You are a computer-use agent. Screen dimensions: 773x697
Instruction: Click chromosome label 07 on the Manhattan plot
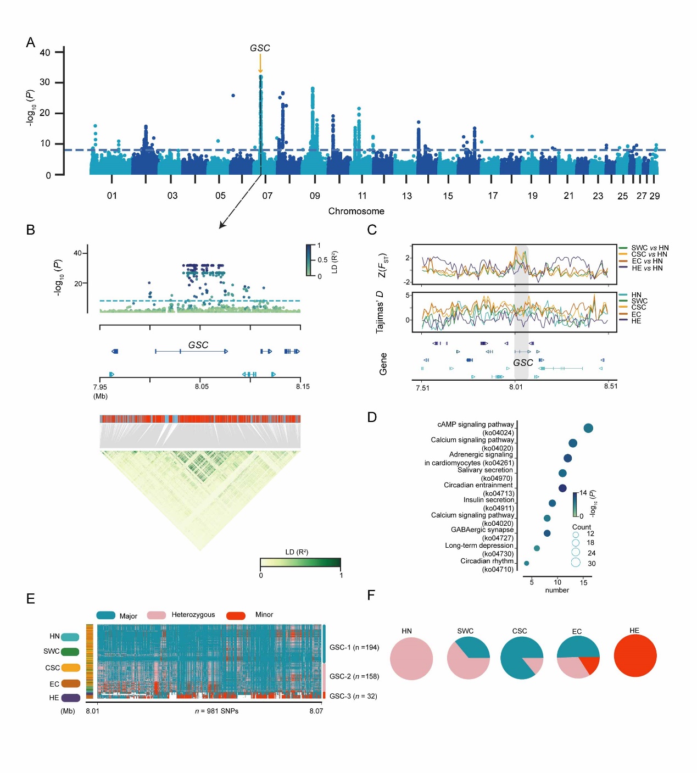coord(267,196)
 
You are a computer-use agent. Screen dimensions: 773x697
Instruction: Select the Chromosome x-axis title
coord(356,211)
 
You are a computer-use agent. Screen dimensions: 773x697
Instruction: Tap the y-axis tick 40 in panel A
coord(45,53)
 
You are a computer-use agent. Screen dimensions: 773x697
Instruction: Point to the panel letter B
coord(31,230)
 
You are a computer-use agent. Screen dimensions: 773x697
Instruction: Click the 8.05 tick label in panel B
coord(202,387)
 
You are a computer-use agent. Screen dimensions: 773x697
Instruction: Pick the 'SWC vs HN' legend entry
coord(650,248)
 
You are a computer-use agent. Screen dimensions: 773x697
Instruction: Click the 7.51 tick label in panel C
coord(422,388)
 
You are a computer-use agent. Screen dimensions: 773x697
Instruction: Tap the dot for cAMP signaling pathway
coord(588,429)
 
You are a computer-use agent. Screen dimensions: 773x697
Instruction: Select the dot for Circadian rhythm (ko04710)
coord(527,563)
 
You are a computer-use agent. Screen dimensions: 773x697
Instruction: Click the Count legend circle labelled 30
coord(576,563)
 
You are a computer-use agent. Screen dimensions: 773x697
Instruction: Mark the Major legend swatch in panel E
coord(106,615)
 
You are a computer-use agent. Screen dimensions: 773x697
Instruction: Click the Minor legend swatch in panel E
coord(236,615)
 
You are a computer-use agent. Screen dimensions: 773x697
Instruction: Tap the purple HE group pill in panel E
coord(71,698)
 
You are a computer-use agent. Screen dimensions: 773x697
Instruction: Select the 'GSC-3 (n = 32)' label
coord(353,696)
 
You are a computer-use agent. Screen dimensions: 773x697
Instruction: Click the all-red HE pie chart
coord(635,657)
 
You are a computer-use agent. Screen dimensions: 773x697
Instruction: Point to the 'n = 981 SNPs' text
coord(216,711)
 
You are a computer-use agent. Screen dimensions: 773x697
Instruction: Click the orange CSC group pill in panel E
coord(71,668)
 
